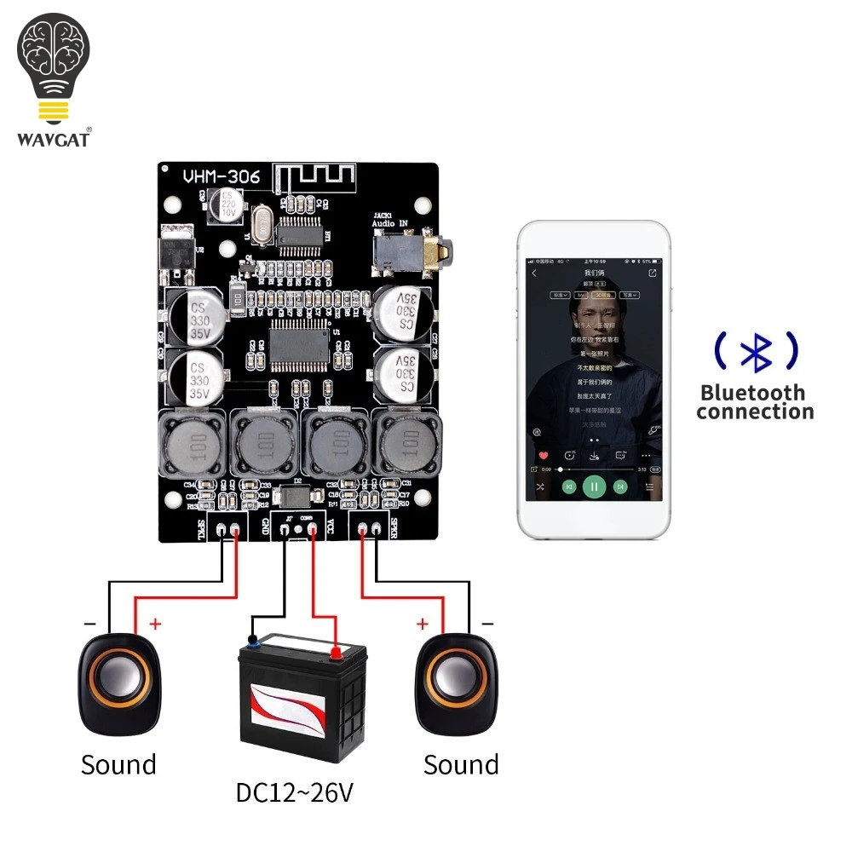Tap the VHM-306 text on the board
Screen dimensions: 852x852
222,177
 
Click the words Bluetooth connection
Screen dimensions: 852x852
755,402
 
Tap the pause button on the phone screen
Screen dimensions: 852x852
595,486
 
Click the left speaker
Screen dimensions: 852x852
119,684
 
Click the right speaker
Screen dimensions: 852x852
455,684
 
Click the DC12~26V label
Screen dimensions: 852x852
294,793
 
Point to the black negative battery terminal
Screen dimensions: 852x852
252,638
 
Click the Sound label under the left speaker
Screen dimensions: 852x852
118,764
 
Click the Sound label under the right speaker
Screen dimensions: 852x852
461,764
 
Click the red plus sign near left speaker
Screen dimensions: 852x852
155,625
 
